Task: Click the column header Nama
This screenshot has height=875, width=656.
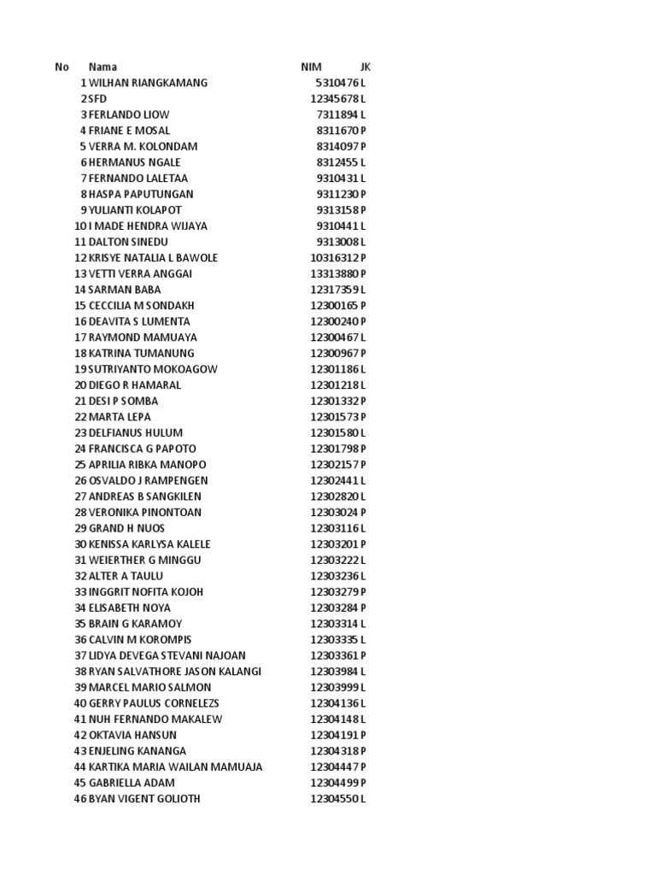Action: tap(102, 67)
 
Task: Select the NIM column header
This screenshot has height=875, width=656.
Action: tap(311, 67)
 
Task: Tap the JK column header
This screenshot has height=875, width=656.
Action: tap(366, 67)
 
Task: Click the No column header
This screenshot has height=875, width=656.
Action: tap(61, 67)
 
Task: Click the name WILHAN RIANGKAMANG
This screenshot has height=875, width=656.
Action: tap(148, 83)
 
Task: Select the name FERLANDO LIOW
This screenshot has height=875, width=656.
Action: tap(129, 115)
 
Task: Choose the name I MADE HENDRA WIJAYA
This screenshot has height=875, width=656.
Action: tap(148, 226)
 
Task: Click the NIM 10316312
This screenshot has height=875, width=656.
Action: tap(334, 258)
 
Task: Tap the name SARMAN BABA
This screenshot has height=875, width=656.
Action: tap(125, 290)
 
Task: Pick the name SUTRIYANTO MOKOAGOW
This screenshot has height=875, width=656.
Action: tap(153, 369)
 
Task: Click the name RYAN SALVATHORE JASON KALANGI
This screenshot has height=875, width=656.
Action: tap(175, 672)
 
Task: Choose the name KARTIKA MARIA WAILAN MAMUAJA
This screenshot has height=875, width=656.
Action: tap(176, 766)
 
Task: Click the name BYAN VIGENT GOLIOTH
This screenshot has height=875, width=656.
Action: tap(145, 799)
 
